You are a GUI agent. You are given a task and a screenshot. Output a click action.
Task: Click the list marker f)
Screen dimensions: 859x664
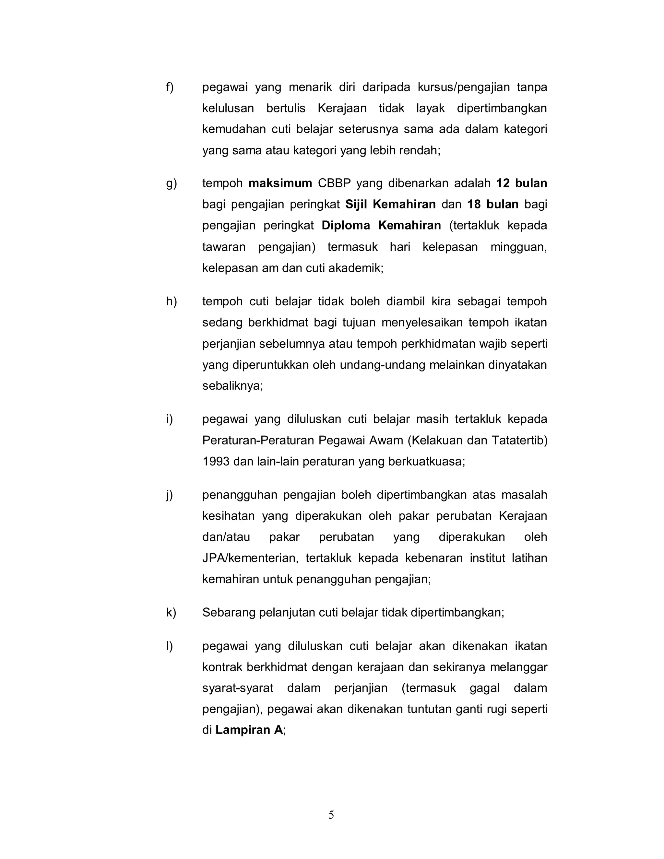[170, 87]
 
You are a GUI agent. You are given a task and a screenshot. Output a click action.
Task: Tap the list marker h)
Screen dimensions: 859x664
[171, 302]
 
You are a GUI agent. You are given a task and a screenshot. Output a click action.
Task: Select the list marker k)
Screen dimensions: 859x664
[171, 612]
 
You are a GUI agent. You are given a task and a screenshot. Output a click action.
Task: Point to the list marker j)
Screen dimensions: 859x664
[170, 495]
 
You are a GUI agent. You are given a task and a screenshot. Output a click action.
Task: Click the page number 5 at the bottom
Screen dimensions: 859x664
[331, 815]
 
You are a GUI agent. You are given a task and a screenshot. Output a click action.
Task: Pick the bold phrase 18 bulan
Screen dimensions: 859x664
[493, 205]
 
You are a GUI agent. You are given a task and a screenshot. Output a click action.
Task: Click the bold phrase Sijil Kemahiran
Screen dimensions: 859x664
[390, 205]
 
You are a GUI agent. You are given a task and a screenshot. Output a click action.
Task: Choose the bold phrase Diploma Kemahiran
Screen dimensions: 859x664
[381, 226]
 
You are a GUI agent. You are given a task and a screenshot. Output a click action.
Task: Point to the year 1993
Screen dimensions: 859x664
[216, 461]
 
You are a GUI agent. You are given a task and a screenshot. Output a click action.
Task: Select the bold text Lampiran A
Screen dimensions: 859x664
[249, 730]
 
